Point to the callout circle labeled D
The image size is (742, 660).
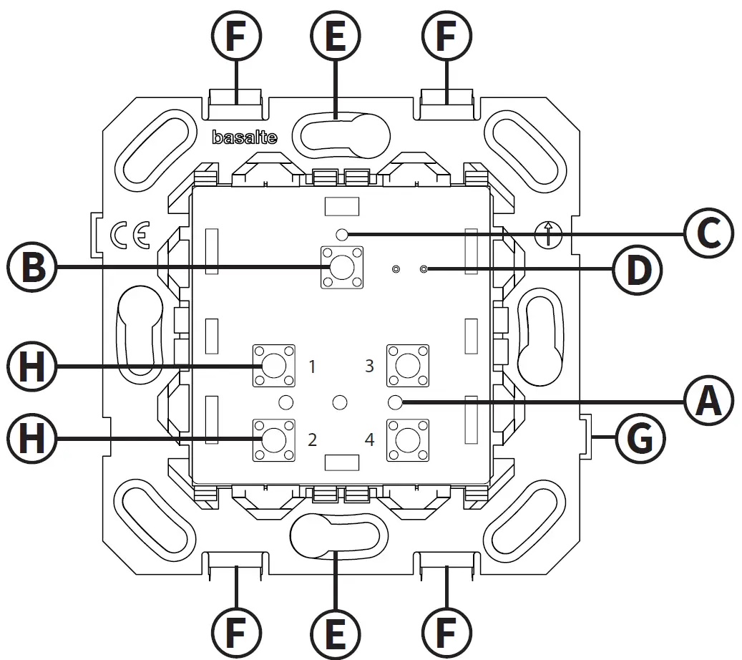pos(637,269)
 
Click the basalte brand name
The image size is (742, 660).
pos(245,138)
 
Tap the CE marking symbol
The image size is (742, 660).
pos(130,236)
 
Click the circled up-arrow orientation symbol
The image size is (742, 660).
pos(549,233)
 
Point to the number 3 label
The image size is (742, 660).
pos(369,366)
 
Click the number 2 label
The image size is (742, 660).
pos(312,439)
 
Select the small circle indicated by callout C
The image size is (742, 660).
pos(342,233)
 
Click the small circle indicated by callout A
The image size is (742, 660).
pos(394,401)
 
